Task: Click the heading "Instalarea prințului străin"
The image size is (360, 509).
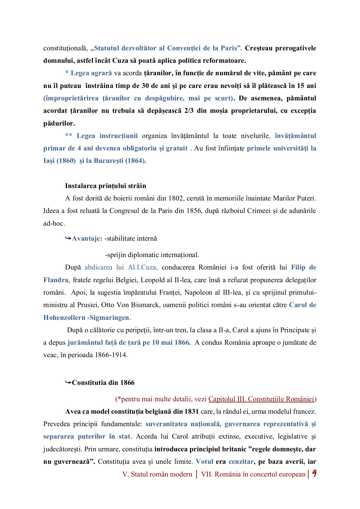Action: [105, 186]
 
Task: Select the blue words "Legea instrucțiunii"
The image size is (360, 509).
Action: [107, 136]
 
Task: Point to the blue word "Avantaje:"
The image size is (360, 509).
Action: [87, 238]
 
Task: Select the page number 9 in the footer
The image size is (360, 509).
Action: [314, 474]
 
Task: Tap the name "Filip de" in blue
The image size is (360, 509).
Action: [303, 267]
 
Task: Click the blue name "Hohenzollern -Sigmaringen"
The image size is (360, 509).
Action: [86, 318]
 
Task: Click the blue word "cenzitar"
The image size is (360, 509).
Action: [241, 461]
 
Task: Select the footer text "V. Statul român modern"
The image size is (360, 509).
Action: [157, 474]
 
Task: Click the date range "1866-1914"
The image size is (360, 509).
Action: [111, 355]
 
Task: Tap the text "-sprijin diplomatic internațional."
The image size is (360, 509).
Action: [152, 255]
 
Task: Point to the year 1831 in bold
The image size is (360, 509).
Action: [191, 411]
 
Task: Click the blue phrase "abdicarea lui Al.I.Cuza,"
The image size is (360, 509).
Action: [121, 267]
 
